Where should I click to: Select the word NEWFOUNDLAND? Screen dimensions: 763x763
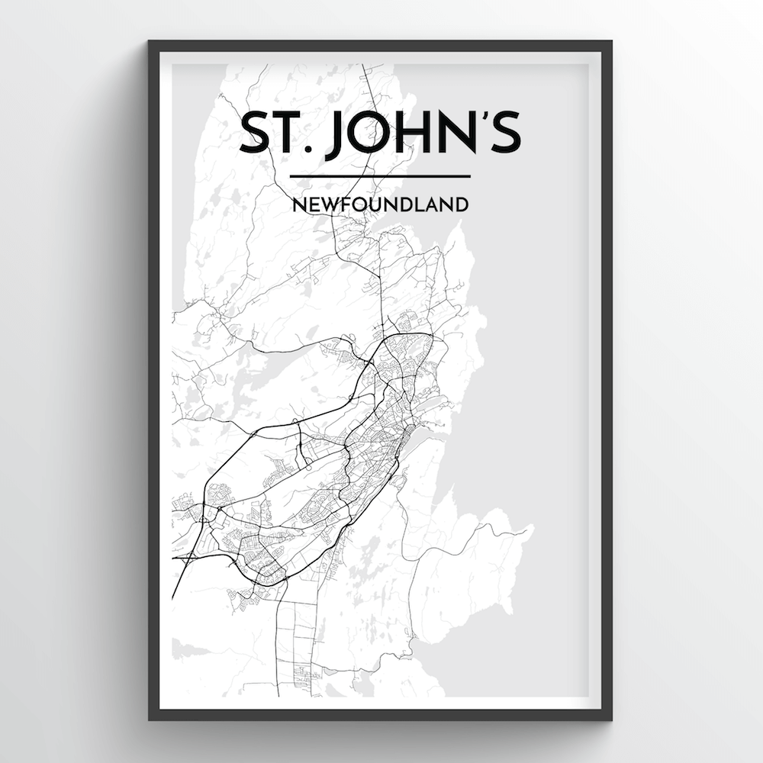[x=380, y=204]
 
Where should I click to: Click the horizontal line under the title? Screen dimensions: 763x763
[x=380, y=177]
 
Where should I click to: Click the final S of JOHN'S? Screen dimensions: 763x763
[x=507, y=134]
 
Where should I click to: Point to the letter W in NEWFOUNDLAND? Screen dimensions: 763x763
[x=324, y=204]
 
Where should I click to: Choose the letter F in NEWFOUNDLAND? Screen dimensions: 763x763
[x=340, y=204]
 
